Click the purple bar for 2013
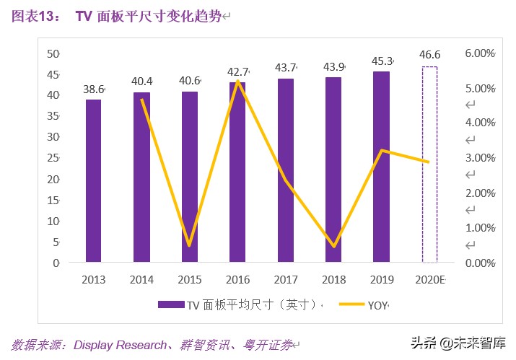94,181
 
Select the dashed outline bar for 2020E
429,164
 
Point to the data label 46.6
430,53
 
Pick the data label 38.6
94,89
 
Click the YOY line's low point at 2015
189,245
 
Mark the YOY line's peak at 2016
237,82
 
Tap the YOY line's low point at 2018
333,246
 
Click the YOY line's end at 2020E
429,162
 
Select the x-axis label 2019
381,280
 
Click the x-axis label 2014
141,280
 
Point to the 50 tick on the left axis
53,53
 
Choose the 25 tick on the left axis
53,158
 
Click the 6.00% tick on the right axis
479,53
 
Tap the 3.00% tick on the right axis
479,158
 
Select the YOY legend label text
377,305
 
